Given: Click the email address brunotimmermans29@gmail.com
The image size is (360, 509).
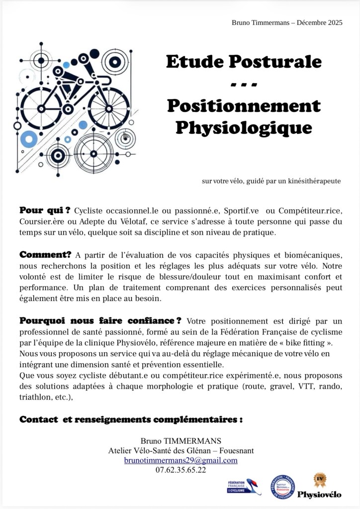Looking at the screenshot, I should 180,460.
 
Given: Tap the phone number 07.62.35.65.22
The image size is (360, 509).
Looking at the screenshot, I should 180,470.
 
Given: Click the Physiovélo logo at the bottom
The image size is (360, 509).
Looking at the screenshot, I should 319,486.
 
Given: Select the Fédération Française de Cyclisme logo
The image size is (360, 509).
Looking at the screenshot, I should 242,486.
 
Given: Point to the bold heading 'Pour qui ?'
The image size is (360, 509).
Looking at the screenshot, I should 44,210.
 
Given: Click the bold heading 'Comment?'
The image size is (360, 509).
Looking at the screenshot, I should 45,255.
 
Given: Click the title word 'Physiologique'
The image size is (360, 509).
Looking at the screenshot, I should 244,128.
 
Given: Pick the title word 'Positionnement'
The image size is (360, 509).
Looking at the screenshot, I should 244,105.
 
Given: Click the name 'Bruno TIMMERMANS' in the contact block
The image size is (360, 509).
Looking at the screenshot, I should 180,441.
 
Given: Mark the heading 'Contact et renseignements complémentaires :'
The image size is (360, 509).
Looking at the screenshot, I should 131,419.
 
